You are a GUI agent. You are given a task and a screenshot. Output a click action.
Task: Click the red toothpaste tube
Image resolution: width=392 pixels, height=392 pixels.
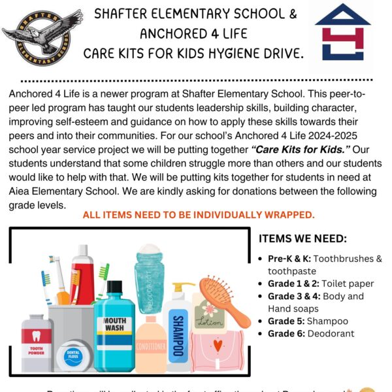(x=83, y=274)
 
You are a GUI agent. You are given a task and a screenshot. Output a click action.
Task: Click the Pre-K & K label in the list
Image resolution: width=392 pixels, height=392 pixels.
(x=284, y=259)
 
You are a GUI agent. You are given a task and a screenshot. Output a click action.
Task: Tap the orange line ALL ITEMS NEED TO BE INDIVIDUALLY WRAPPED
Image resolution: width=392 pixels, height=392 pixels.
(x=199, y=215)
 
